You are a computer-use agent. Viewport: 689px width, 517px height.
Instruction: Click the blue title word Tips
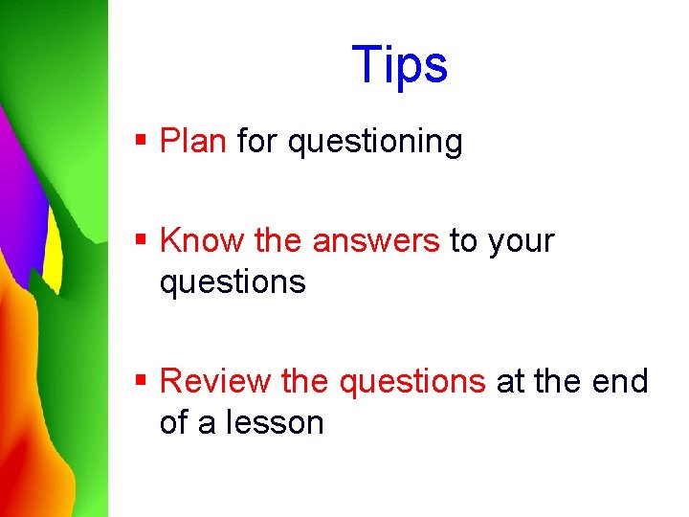399,66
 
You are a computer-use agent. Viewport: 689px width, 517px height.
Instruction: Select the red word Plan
193,142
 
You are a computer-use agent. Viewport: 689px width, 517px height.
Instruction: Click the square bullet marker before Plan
141,141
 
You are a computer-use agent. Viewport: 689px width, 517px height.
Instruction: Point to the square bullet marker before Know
141,239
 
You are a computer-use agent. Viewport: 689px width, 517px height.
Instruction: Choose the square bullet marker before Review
141,380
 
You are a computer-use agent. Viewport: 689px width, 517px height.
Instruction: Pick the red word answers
375,241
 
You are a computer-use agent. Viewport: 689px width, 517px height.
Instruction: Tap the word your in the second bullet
521,241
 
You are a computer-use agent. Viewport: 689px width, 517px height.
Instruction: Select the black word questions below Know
233,282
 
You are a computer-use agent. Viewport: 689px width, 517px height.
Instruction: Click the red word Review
215,381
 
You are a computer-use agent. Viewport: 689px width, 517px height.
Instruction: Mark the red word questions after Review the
412,381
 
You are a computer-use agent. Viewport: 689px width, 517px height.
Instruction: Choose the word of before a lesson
173,422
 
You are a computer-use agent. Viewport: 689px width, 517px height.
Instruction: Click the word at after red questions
509,381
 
